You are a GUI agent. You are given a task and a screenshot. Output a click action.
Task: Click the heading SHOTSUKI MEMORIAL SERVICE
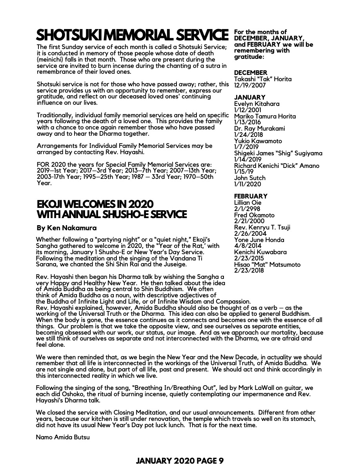click(x=132, y=35)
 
